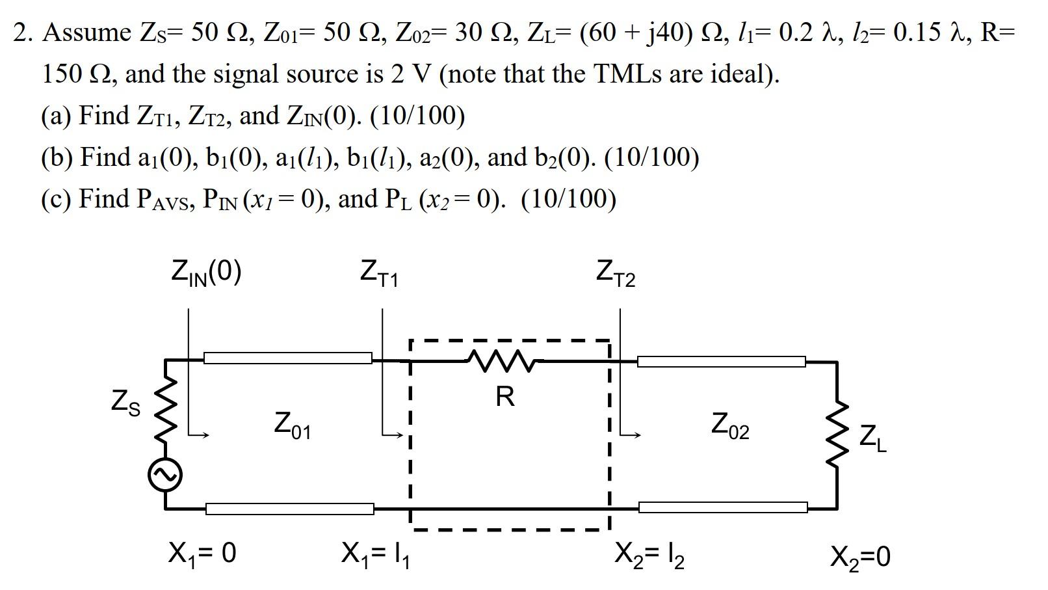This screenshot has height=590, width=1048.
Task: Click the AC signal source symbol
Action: tap(165, 476)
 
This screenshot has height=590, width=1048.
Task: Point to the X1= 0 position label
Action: tap(202, 554)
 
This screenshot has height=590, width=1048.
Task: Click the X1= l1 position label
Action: tap(376, 555)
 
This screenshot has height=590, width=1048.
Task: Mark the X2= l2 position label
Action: tap(649, 555)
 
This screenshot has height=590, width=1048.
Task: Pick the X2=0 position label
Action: tap(860, 557)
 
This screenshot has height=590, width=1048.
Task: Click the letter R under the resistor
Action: tap(504, 396)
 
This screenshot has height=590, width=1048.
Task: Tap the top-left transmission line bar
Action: tap(288, 358)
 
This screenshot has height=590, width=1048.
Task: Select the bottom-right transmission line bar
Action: tap(723, 507)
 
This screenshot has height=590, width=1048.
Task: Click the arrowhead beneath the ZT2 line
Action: tap(638, 435)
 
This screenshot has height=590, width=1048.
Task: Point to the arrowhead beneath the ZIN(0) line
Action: tap(204, 435)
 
